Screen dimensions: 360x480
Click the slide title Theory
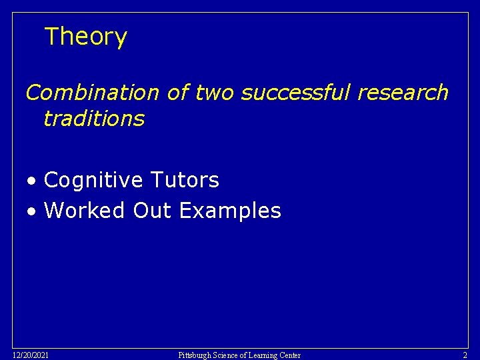[85, 37]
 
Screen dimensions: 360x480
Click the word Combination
[92, 93]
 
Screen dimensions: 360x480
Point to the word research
[403, 93]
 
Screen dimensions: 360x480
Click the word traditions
[93, 119]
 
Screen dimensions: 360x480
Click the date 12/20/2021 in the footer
[30, 355]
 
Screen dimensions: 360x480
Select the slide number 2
[465, 355]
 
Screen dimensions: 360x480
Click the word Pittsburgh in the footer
[195, 355]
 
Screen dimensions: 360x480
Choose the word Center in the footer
[291, 355]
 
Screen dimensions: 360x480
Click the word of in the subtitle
[178, 93]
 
